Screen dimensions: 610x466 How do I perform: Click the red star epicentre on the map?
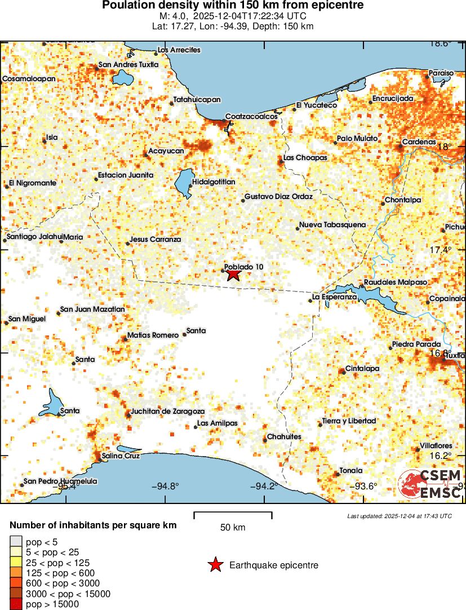[233, 275]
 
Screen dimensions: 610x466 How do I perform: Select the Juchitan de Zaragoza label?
[167, 412]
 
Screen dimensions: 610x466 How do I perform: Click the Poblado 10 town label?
[243, 267]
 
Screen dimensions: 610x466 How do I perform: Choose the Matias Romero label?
[153, 335]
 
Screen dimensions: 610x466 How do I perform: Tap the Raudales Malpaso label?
[396, 282]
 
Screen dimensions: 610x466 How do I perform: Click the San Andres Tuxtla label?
[128, 65]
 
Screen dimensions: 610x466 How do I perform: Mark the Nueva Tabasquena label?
[332, 225]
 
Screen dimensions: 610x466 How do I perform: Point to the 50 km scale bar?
[233, 515]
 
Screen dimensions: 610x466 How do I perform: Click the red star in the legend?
[215, 565]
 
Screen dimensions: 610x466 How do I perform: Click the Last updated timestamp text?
[399, 516]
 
